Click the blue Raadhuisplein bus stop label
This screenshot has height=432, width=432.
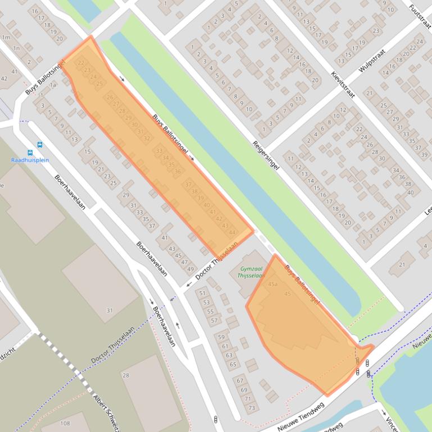(30, 160)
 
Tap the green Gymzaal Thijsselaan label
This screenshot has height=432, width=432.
(251, 272)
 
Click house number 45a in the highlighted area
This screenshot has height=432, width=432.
(272, 284)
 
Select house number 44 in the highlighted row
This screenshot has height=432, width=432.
(231, 232)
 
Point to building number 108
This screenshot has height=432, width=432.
(65, 424)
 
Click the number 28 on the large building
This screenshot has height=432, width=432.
(126, 375)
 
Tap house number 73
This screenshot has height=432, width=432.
(252, 408)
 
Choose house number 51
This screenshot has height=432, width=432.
(202, 293)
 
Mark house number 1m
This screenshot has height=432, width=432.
(6, 38)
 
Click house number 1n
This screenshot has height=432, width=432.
(16, 49)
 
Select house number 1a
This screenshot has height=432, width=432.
(53, 84)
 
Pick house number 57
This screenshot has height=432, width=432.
(214, 320)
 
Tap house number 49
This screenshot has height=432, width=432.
(190, 269)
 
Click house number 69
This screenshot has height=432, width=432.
(244, 389)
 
